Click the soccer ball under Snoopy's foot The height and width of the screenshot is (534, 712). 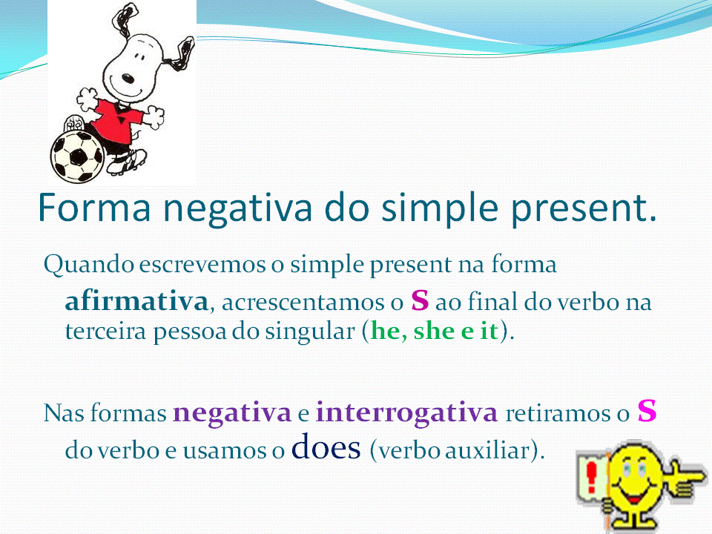(78, 156)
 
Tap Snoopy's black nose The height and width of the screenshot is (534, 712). (128, 79)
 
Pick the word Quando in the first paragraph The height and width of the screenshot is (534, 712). (88, 264)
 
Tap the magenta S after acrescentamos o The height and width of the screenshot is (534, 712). (420, 300)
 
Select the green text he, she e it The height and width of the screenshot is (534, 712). (435, 330)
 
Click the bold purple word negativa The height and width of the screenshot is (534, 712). (232, 413)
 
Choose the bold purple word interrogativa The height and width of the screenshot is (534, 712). (407, 413)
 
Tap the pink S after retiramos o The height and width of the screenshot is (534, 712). (647, 411)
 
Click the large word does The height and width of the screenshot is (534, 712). (326, 446)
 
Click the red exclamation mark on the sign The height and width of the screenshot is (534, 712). (591, 477)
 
